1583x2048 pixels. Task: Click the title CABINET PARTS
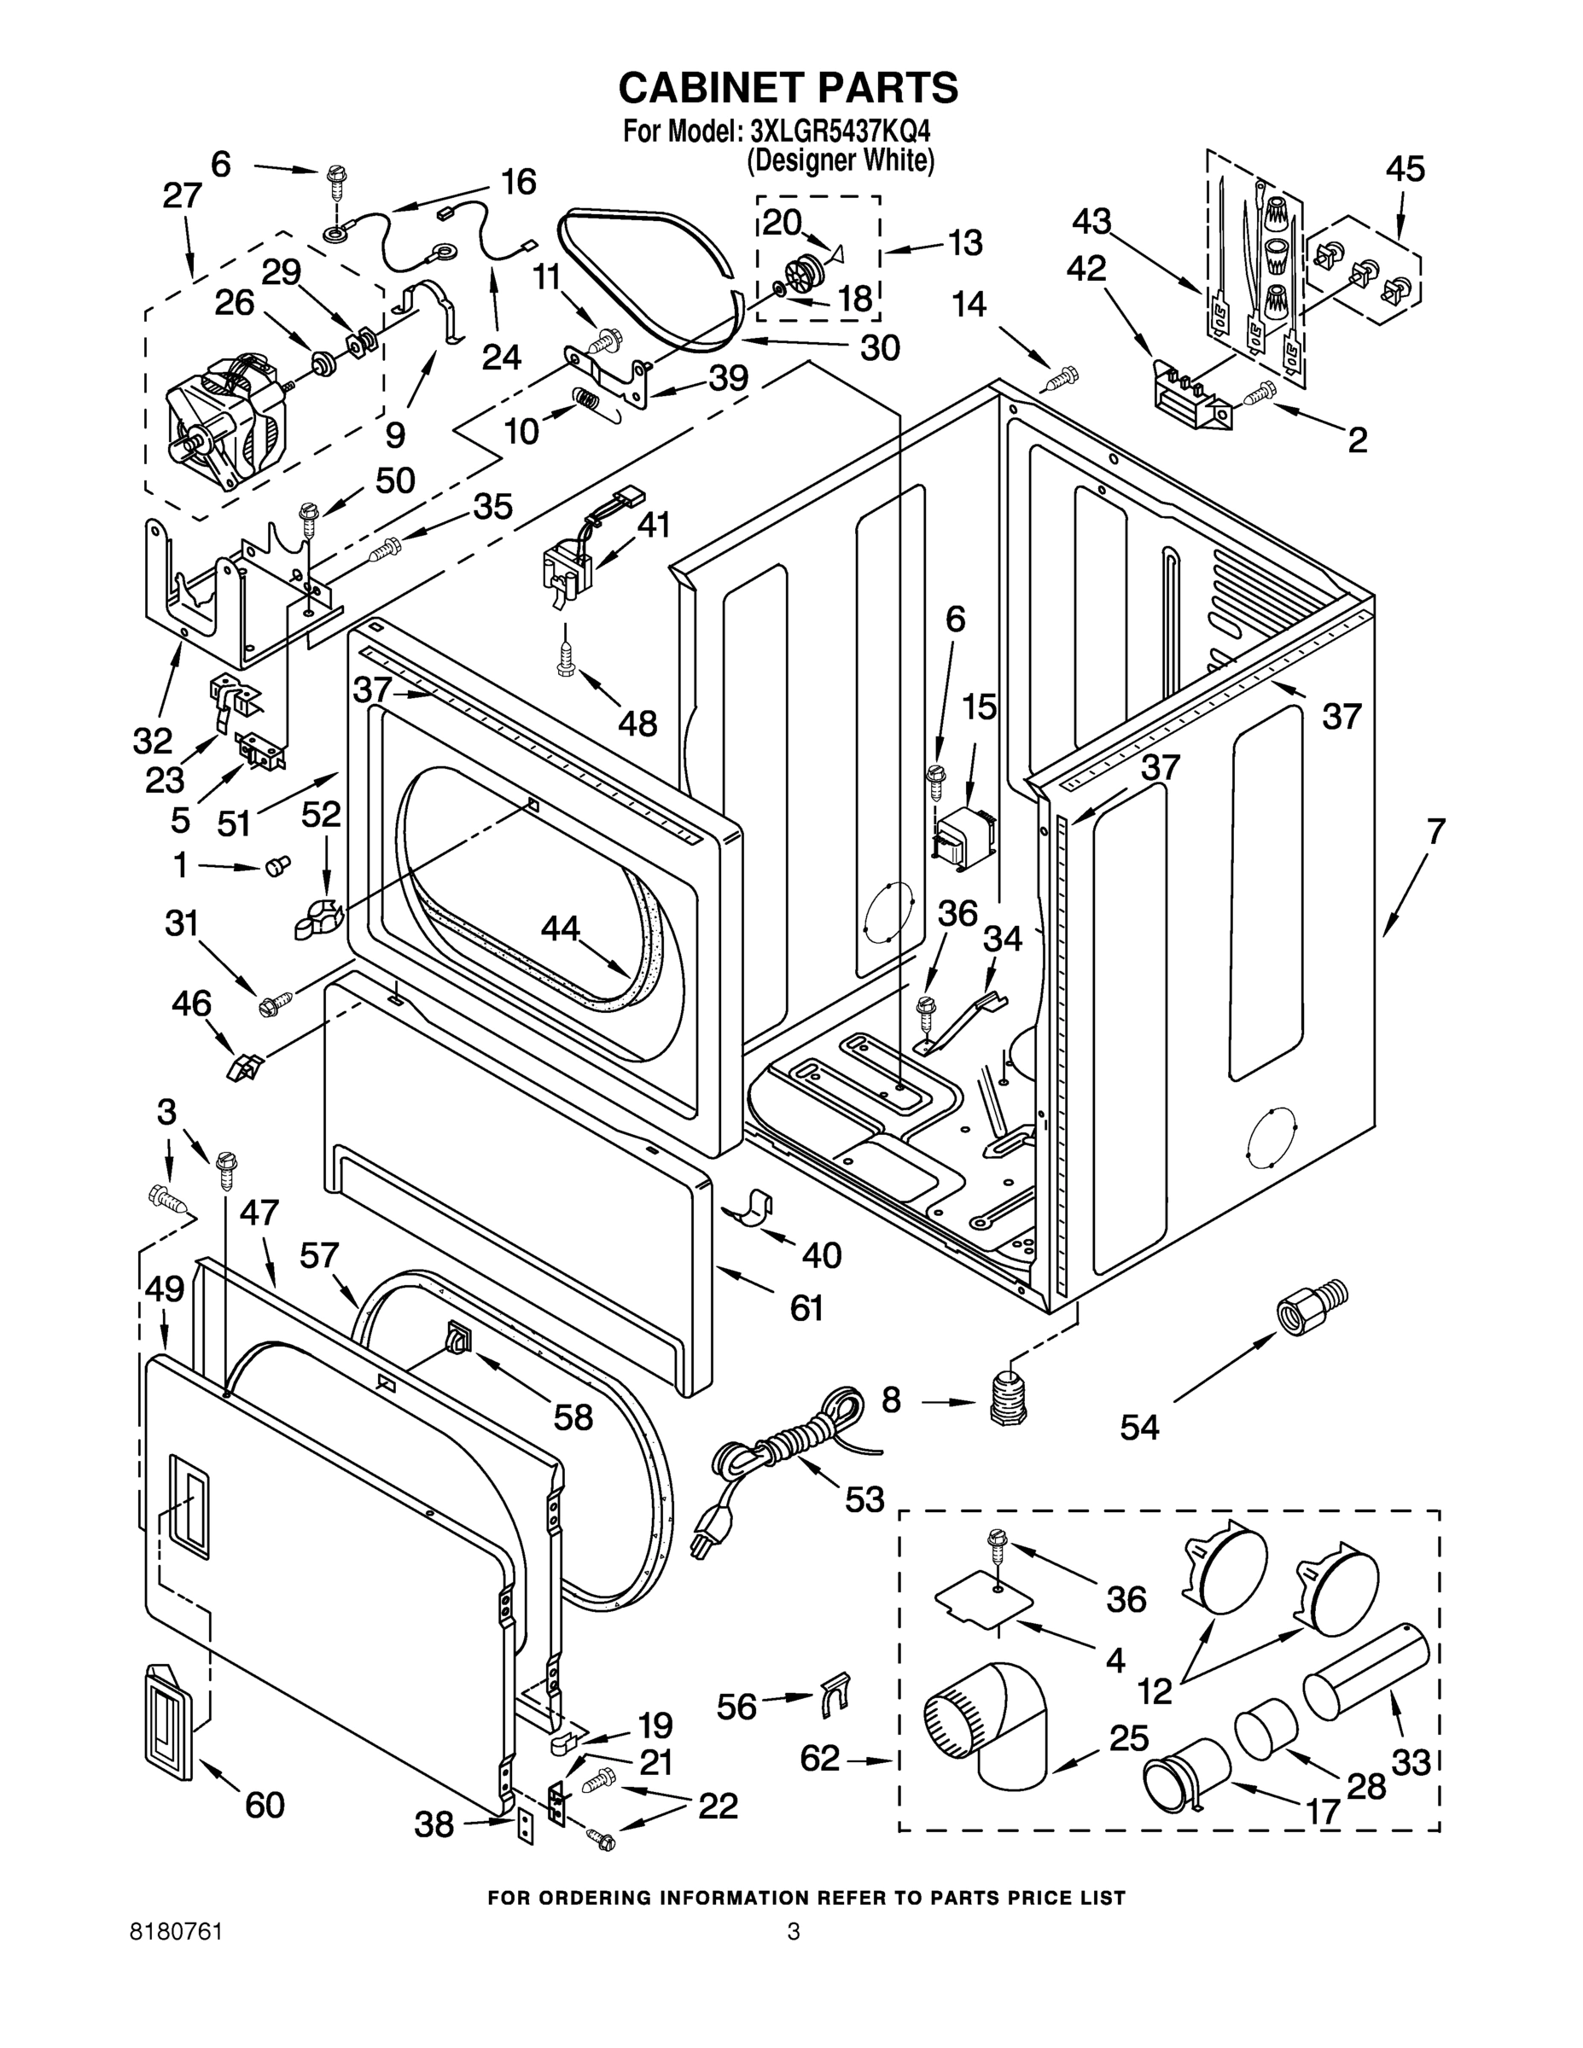click(788, 87)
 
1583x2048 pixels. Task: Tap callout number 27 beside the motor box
click(182, 196)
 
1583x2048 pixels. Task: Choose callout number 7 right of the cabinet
click(1435, 832)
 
